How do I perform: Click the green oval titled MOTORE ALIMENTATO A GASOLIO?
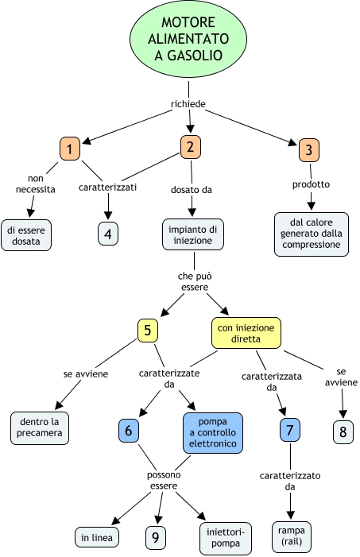(188, 39)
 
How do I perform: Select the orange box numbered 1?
(70, 149)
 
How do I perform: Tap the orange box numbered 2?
(191, 147)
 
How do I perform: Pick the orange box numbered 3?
(309, 150)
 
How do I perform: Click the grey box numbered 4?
(107, 234)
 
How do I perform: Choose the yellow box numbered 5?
(148, 331)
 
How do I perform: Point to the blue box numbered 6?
(128, 431)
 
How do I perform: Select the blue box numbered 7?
(289, 430)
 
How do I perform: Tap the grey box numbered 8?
(343, 432)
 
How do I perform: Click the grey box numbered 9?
(156, 537)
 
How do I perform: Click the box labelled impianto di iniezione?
(193, 235)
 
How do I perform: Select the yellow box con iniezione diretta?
(246, 333)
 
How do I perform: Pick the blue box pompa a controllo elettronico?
(213, 433)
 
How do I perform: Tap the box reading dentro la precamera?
(40, 428)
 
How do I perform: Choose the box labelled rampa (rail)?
(292, 536)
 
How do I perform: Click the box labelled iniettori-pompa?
(226, 538)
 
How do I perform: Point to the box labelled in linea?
(97, 537)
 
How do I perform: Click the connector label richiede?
(188, 104)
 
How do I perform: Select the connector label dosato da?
(192, 190)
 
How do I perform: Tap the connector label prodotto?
(311, 184)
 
